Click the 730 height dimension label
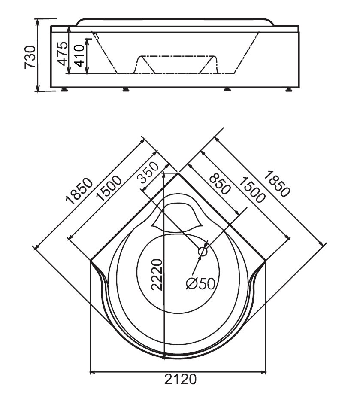point(30,57)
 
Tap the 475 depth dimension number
point(62,53)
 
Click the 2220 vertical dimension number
point(157,275)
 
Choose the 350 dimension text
point(148,172)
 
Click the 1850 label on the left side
point(79,191)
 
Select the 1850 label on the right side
point(276,184)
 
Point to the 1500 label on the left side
point(109,188)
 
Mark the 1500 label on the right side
point(252,190)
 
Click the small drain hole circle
point(203,252)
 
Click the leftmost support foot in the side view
point(65,89)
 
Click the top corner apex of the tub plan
point(178,173)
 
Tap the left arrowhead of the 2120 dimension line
point(93,371)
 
